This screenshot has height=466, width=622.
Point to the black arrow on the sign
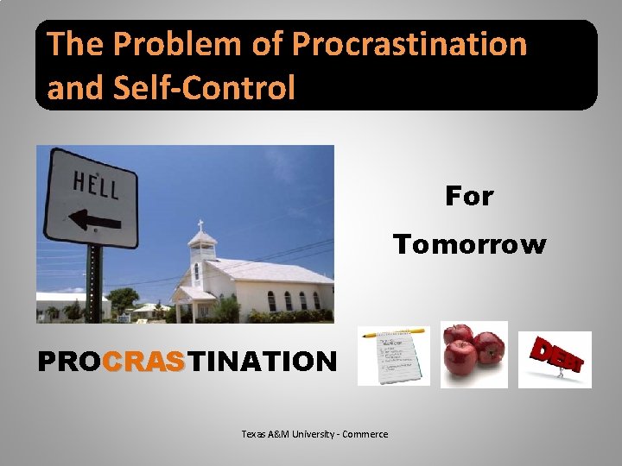point(94,218)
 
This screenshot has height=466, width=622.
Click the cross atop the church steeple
point(201,224)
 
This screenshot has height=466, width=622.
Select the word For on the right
point(469,197)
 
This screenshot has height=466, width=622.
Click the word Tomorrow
point(470,245)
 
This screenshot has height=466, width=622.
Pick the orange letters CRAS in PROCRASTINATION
point(144,361)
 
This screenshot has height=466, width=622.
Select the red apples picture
point(473,354)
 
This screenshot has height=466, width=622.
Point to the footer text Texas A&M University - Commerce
point(314,434)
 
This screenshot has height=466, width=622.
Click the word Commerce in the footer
point(365,434)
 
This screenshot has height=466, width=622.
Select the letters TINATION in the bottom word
point(262,361)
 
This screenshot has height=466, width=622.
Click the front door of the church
point(204,310)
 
